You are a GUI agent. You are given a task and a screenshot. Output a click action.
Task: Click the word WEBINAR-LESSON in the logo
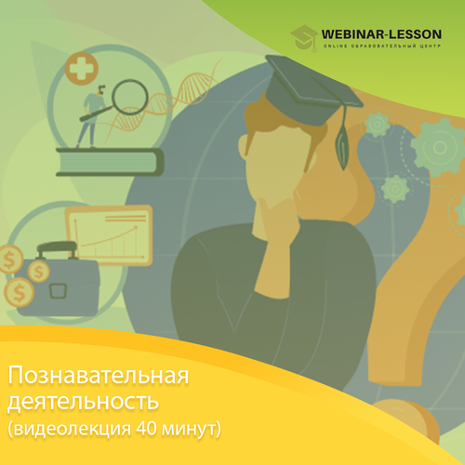click(x=381, y=34)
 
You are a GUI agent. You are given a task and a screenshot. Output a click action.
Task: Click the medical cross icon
click(x=82, y=69)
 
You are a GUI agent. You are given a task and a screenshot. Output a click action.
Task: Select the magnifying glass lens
click(x=130, y=98)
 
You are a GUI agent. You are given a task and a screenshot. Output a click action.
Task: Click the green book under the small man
click(x=110, y=162)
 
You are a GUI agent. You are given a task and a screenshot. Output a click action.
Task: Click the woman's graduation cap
click(x=313, y=90)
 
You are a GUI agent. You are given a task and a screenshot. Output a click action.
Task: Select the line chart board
click(x=109, y=235)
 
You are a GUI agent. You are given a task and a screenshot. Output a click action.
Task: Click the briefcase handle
click(x=57, y=249)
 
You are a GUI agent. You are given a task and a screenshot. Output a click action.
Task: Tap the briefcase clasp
click(x=59, y=291)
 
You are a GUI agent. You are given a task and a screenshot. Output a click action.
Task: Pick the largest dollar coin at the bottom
click(x=20, y=292)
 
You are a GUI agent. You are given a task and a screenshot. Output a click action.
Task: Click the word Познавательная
click(x=99, y=376)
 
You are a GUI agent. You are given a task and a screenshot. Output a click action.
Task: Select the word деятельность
click(x=83, y=402)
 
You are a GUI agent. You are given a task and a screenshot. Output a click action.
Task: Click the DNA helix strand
click(x=165, y=100)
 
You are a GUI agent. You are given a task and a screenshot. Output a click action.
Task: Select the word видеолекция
click(x=73, y=430)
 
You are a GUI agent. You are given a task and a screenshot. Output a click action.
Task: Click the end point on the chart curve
click(x=136, y=228)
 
